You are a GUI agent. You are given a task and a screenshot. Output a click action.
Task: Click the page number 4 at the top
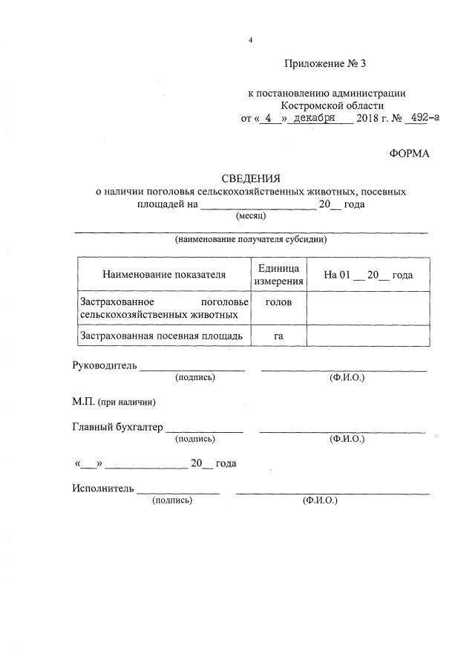251,39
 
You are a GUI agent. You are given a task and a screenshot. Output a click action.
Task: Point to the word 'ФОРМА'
409,154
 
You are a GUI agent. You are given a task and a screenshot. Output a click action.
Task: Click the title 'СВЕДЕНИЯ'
251,178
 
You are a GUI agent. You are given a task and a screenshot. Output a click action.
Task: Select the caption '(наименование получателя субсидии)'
251,240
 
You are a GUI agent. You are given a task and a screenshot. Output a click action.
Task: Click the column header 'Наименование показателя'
164,275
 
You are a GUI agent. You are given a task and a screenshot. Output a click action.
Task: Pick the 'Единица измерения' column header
279,275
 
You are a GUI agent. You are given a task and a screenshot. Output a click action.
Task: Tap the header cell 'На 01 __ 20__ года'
368,275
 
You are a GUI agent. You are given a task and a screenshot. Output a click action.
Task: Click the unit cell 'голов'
279,302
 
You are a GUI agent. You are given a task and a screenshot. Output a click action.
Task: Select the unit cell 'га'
279,336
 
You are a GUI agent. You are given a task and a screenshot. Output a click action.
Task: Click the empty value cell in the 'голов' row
368,308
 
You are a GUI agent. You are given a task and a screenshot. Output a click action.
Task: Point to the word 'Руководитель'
105,365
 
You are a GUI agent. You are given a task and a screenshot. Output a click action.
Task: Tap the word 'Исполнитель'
103,489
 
